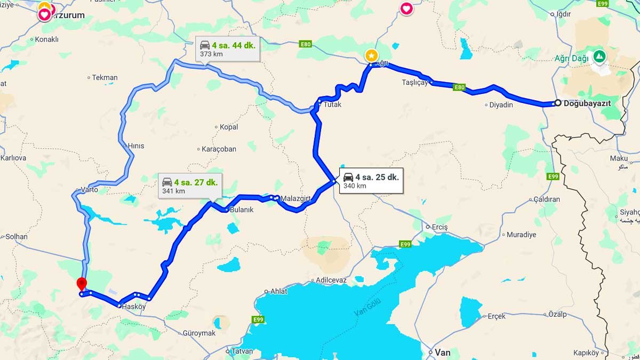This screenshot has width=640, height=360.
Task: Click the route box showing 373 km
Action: click(227, 49)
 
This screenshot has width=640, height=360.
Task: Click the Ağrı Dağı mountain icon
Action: click(600, 55)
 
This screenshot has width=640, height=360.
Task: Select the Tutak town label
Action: click(332, 105)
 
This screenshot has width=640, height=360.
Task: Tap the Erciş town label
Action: click(440, 227)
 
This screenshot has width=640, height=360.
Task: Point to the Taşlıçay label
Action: click(415, 83)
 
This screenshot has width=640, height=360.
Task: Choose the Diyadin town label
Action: click(501, 105)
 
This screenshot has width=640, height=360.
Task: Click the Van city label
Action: click(443, 353)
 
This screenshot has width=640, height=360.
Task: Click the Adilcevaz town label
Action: click(331, 280)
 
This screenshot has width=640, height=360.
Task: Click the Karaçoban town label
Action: click(219, 149)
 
